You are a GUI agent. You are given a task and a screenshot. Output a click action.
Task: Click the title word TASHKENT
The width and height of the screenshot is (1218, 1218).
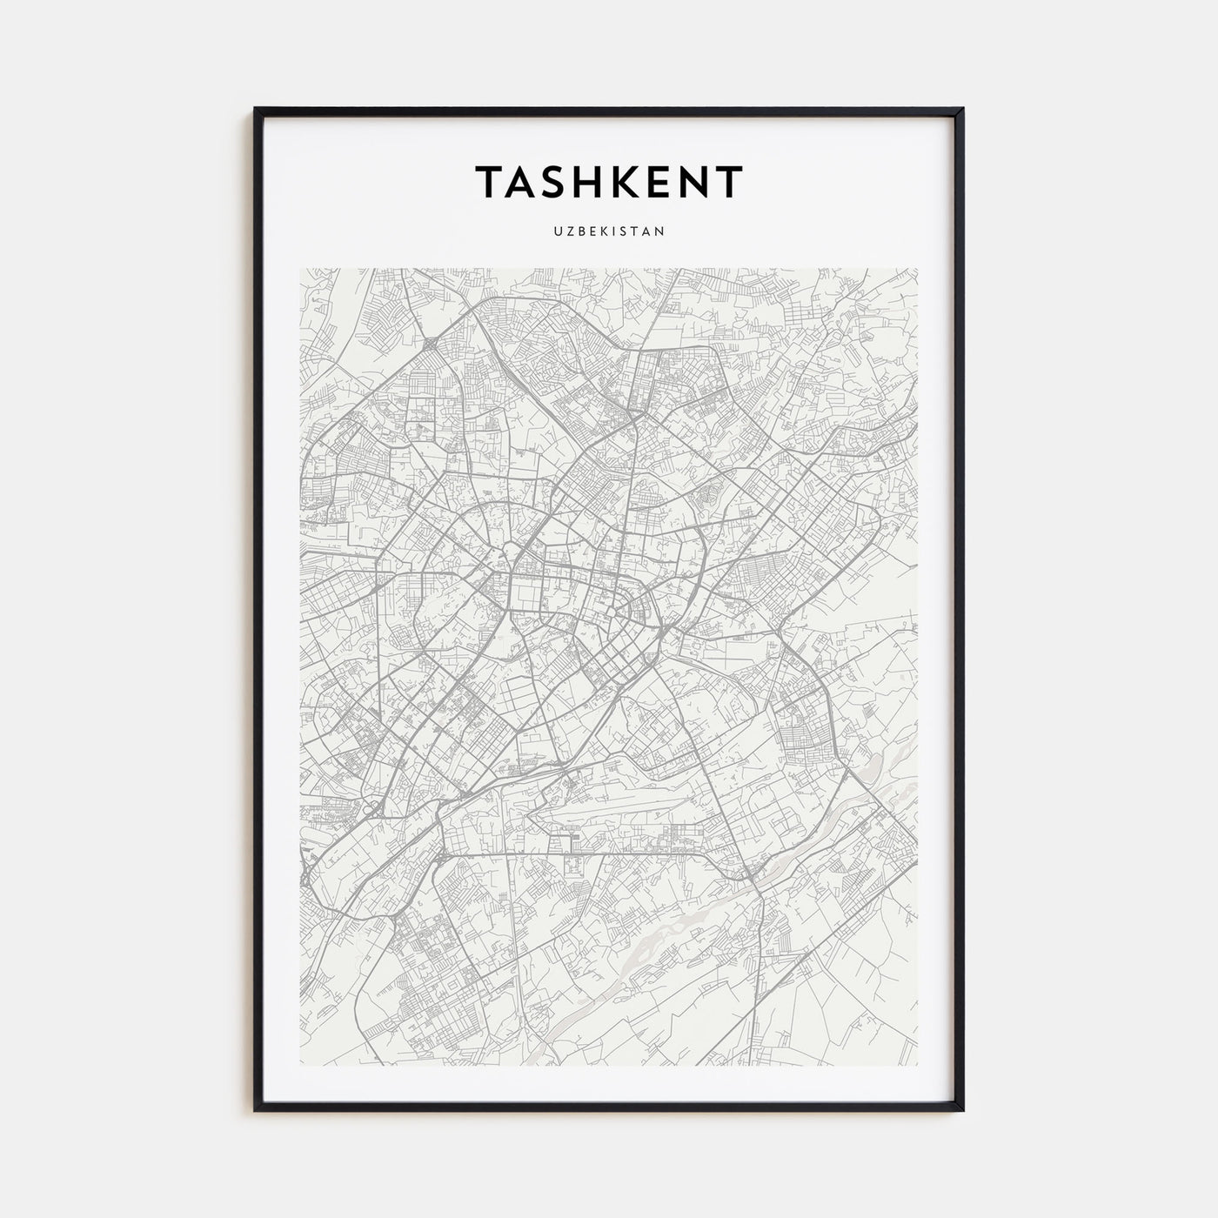(x=609, y=182)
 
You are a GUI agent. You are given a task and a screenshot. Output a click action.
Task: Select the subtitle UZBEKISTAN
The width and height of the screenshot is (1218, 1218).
(x=609, y=231)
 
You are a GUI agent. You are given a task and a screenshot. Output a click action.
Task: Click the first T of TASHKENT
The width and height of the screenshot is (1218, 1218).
(x=488, y=182)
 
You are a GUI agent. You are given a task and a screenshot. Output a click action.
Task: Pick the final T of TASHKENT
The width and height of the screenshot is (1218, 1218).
(x=729, y=182)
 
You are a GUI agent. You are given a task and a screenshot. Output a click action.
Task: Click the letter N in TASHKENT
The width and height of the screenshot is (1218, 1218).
(x=688, y=182)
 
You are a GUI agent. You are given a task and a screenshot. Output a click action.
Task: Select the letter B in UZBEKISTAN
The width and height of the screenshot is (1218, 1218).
(x=578, y=231)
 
